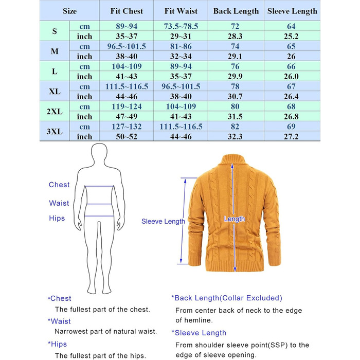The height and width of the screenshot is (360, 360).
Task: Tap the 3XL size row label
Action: (x=55, y=132)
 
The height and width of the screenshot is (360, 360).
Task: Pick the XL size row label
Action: (x=55, y=92)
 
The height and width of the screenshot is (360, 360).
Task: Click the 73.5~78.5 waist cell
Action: (x=181, y=26)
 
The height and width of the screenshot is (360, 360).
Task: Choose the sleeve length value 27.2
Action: (x=292, y=137)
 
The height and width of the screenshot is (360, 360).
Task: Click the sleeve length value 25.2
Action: (x=292, y=37)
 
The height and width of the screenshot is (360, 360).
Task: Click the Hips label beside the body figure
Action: (x=57, y=219)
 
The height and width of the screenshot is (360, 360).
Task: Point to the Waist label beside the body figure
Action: (x=59, y=203)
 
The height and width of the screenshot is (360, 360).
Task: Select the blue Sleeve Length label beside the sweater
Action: (x=163, y=222)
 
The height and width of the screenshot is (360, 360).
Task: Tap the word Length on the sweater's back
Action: (x=235, y=219)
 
